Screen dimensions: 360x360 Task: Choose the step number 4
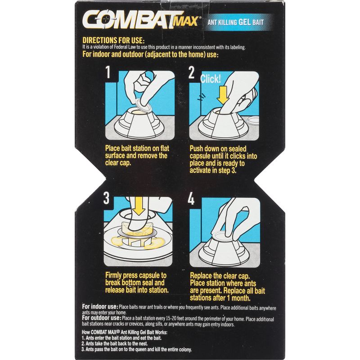tap(192, 199)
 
